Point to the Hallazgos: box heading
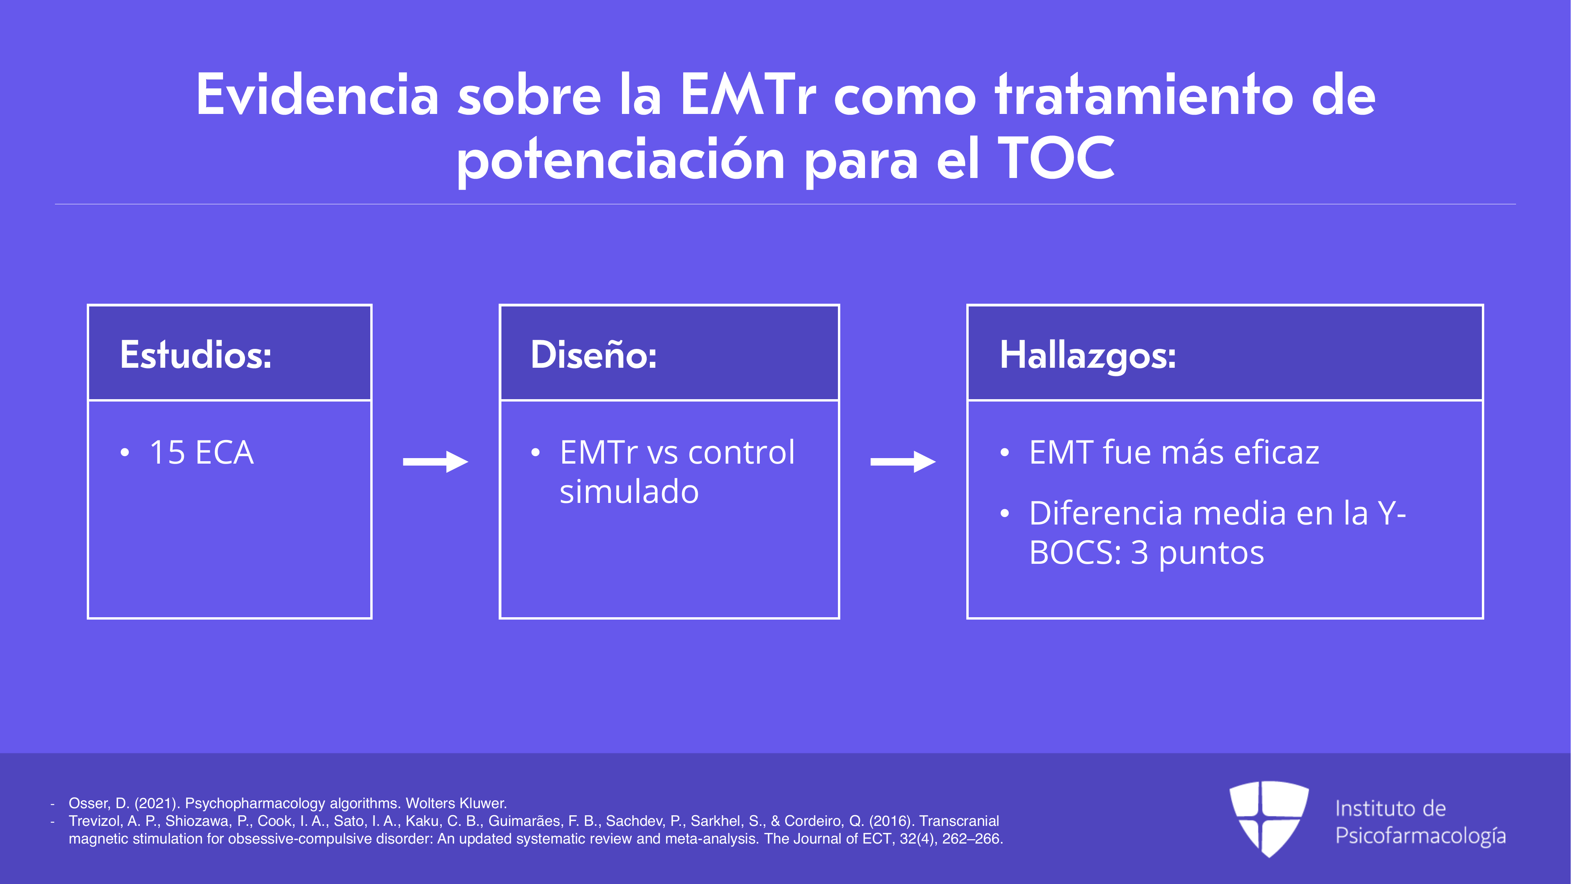(x=1088, y=356)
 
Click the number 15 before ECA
(x=167, y=453)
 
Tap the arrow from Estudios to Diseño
(x=435, y=462)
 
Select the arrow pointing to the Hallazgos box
(x=903, y=462)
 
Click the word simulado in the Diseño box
(x=629, y=492)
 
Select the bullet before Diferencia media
(x=1004, y=513)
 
